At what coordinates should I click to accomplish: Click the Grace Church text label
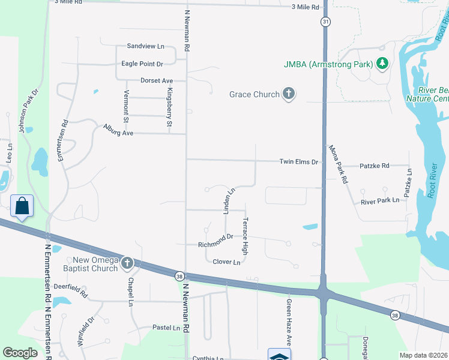(255, 94)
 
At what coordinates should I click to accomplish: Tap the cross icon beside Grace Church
(289, 94)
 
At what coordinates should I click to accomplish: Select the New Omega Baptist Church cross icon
(127, 263)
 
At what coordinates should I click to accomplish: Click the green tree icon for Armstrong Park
(382, 63)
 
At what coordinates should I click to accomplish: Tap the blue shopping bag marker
(22, 206)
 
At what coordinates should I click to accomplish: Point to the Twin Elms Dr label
(298, 162)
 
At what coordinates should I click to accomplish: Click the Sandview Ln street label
(145, 46)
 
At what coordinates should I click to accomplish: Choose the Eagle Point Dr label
(142, 64)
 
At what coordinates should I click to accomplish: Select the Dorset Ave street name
(156, 80)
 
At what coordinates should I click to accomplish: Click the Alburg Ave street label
(118, 130)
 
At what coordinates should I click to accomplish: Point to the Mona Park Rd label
(337, 163)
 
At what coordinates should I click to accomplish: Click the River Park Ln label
(380, 202)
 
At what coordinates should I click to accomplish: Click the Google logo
(20, 353)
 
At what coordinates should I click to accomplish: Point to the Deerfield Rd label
(71, 293)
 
